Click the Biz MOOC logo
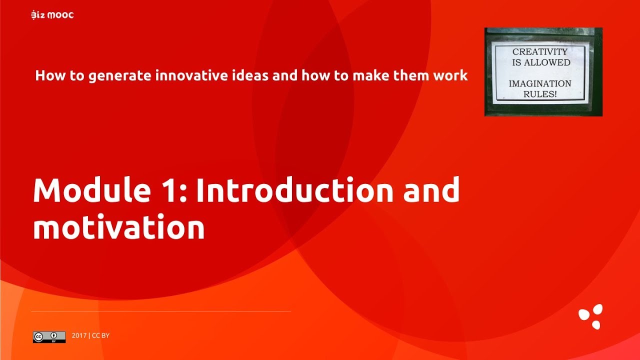[52, 15]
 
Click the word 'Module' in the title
[85, 190]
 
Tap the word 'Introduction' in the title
[294, 190]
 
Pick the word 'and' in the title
[431, 190]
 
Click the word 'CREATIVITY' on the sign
[539, 52]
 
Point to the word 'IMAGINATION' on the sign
[539, 83]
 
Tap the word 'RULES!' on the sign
[539, 94]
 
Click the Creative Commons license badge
[49, 336]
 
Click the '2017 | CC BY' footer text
[90, 335]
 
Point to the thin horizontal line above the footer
[160, 311]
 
